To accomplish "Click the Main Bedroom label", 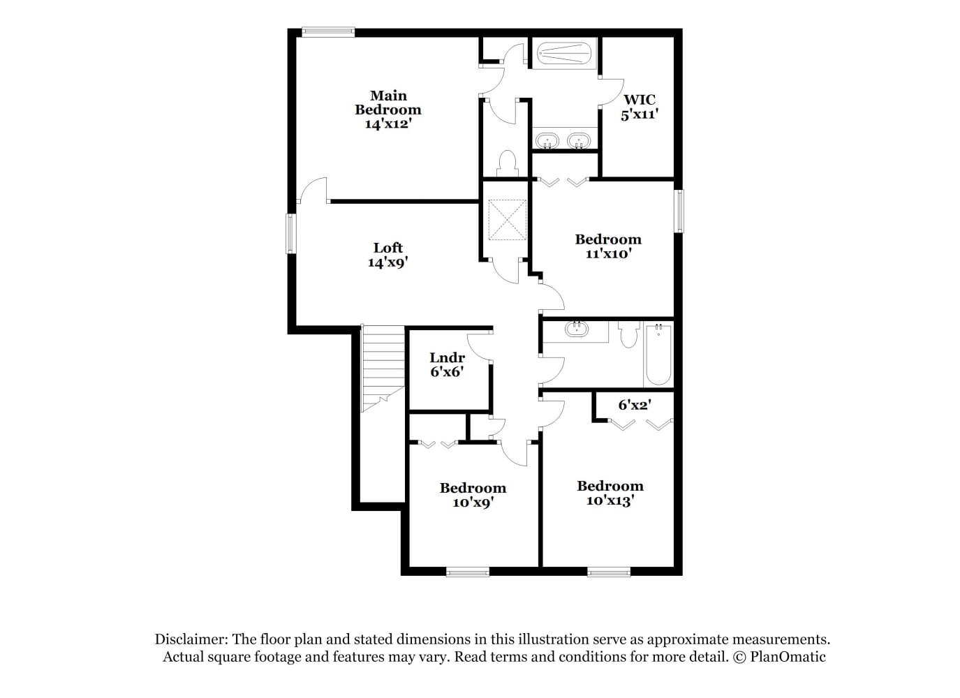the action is click(x=388, y=110).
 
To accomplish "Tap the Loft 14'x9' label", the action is click(x=388, y=255).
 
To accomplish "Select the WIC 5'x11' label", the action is click(x=640, y=107).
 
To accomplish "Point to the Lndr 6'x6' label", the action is click(x=447, y=364).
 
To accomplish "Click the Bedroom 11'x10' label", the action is click(x=608, y=246).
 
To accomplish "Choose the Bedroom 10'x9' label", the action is click(x=473, y=495).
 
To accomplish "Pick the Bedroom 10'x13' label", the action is click(x=610, y=493).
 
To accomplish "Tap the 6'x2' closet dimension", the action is click(x=635, y=404).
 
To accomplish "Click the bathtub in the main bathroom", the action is click(x=564, y=54).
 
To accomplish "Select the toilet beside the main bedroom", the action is click(x=508, y=163).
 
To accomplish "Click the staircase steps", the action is click(x=383, y=368).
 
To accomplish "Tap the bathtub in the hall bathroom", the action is click(x=658, y=355).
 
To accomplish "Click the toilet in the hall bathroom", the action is click(x=629, y=334).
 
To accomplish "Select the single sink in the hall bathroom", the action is click(x=577, y=329).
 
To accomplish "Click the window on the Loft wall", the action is click(x=291, y=234).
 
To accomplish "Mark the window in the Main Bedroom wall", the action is click(x=328, y=31).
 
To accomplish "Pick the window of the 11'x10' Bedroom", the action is click(x=679, y=211).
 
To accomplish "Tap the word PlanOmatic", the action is click(x=788, y=657).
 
